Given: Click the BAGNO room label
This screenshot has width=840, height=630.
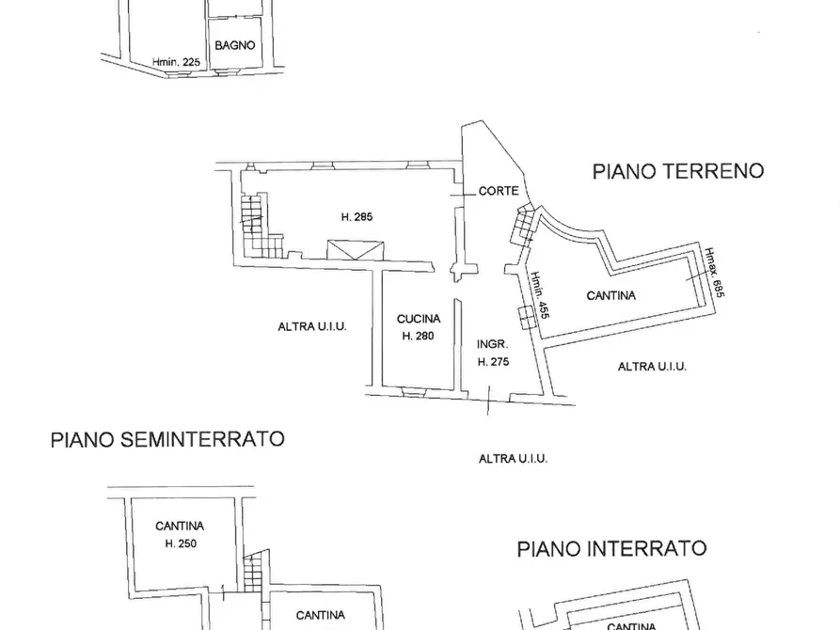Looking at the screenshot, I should tap(235, 45).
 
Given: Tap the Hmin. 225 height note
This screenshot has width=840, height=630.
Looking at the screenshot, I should tap(177, 63).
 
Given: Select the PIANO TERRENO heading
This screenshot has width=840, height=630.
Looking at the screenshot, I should tap(677, 171).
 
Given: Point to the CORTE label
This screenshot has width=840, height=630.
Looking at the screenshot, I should tap(498, 191).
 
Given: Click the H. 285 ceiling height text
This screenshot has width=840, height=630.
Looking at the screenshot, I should tap(357, 217).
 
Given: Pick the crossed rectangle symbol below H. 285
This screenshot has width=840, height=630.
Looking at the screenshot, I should tap(356, 248).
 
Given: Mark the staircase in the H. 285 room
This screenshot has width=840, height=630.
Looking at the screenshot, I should tap(252, 226).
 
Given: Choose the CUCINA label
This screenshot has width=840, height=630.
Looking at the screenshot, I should tap(417, 320).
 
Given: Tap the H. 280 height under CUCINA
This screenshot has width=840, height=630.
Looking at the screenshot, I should tap(417, 336).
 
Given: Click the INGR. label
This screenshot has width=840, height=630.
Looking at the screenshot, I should tap(493, 344).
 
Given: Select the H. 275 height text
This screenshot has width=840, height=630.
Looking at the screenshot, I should tap(494, 361).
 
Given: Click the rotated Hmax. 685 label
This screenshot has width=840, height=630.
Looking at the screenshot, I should tap(716, 274).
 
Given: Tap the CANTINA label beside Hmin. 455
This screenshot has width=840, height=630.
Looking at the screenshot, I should tap(610, 295).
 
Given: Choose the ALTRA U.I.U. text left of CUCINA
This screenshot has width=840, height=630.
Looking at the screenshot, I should tap(312, 327).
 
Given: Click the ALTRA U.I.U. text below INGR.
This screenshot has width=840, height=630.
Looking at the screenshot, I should tap(513, 459).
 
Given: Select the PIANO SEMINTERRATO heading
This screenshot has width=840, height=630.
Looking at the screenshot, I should tap(167, 439).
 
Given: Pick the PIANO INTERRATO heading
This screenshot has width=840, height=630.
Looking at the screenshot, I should tap(611, 548).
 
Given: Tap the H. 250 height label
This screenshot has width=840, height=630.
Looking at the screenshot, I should tap(182, 543).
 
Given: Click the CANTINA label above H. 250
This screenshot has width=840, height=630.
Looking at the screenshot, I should tap(182, 527).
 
